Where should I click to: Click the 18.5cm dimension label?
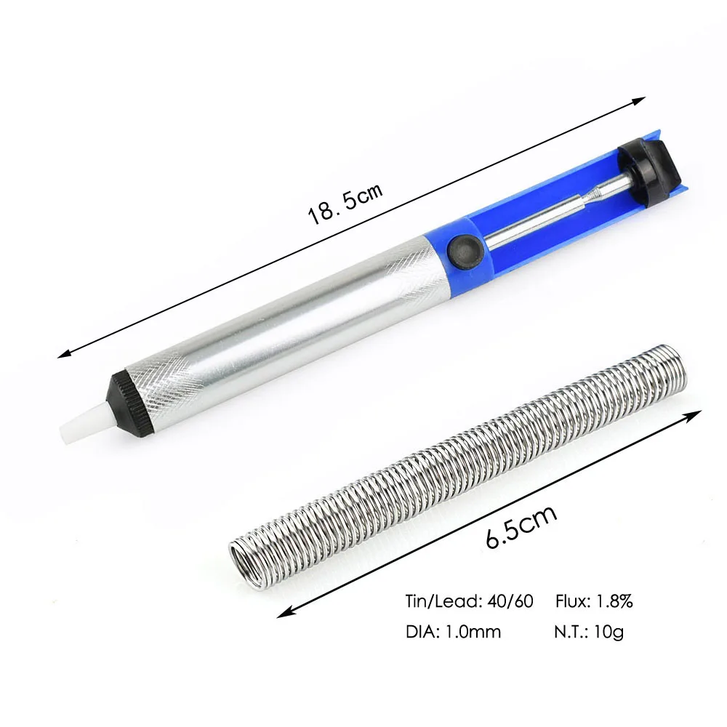(345, 204)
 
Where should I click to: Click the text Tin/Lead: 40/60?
(469, 601)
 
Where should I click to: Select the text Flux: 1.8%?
(594, 601)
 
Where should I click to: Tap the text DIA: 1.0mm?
(453, 632)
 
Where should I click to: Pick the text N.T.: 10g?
(589, 632)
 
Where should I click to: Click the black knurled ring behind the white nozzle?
(131, 398)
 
